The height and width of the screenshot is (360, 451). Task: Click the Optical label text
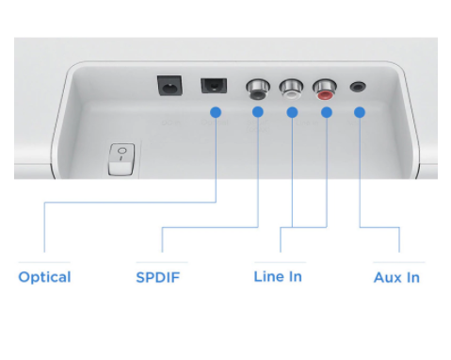pos(44,277)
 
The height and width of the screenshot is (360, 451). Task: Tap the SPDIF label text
pos(158,277)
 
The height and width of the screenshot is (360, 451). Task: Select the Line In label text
pos(278,277)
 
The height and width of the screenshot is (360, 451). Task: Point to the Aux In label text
pos(396,277)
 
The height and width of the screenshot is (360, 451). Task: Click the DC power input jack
pos(169,85)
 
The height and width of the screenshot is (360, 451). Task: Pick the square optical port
pos(214,86)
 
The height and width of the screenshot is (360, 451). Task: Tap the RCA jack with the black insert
pos(258,89)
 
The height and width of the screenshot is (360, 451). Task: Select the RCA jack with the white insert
pos(291,89)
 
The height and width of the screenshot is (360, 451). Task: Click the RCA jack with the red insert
pos(325,89)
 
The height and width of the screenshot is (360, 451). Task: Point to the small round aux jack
pos(358,87)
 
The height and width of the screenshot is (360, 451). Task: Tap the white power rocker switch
pos(121,159)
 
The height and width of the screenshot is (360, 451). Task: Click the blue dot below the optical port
pos(216,112)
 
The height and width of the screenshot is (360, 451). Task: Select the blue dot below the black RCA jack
pos(258,112)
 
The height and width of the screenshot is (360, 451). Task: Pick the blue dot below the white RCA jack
pos(292,112)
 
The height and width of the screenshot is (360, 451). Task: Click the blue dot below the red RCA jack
pos(327,112)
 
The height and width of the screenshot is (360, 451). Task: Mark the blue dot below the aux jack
pos(360,112)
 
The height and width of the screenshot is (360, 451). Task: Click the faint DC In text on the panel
pos(171,123)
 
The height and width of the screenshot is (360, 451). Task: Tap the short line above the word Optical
pos(44,262)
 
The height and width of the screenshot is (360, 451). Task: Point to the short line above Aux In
pos(399,262)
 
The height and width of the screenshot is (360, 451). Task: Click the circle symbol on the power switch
pos(122,151)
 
